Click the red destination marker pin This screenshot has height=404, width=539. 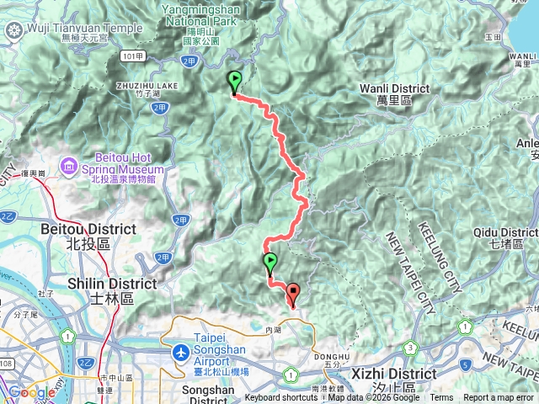(293, 295)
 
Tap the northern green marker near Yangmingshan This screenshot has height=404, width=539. (234, 82)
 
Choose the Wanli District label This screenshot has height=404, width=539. (394, 88)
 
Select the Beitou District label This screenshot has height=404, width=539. (88, 229)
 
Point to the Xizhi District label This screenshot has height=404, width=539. (395, 373)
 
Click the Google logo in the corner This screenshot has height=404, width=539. (31, 392)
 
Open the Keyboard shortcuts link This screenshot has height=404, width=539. (281, 398)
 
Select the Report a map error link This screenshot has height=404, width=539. (499, 398)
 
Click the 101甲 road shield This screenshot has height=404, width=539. (129, 56)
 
